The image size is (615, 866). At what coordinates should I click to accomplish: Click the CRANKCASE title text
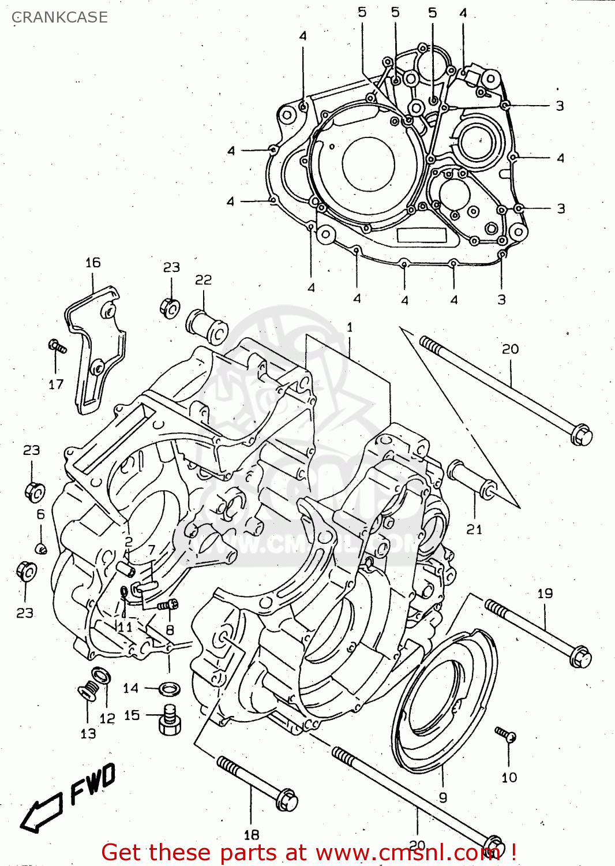click(x=59, y=17)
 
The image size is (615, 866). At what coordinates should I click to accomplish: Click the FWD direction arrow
click(x=42, y=813)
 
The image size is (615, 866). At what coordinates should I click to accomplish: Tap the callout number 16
click(x=93, y=263)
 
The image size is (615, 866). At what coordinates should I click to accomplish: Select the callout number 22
click(x=203, y=280)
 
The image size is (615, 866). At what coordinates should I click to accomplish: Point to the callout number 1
click(x=350, y=327)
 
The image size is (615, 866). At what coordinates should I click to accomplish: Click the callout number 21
click(x=474, y=529)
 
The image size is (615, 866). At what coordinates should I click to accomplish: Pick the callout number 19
click(x=545, y=593)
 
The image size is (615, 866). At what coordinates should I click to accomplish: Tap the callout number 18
click(x=251, y=835)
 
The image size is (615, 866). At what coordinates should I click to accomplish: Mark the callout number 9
click(x=442, y=797)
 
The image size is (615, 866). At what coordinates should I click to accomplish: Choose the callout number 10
click(x=509, y=778)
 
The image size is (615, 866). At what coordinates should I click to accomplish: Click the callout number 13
click(x=88, y=734)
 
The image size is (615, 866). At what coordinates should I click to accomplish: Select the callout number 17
click(x=56, y=385)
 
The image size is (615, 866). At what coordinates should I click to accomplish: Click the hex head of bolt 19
click(x=580, y=658)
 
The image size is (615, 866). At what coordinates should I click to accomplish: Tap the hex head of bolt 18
click(x=287, y=800)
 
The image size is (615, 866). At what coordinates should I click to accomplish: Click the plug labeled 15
click(x=169, y=720)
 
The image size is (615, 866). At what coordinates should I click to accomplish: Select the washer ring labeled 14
click(x=169, y=688)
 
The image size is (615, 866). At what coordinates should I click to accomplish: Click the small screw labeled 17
click(x=57, y=346)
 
